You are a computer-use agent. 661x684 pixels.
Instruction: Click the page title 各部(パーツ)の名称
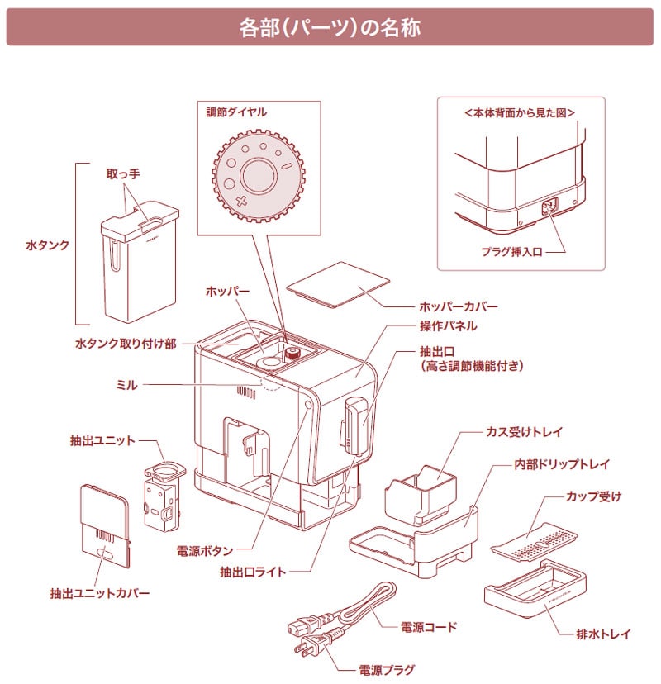click(x=330, y=28)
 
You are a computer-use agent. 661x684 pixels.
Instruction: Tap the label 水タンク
click(x=48, y=245)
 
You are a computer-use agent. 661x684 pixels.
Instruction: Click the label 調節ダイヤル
click(x=236, y=110)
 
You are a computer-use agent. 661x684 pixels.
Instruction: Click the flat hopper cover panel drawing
click(x=339, y=285)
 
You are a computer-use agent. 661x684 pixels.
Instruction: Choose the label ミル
click(x=127, y=384)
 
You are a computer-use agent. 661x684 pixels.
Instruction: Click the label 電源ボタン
click(x=205, y=549)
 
